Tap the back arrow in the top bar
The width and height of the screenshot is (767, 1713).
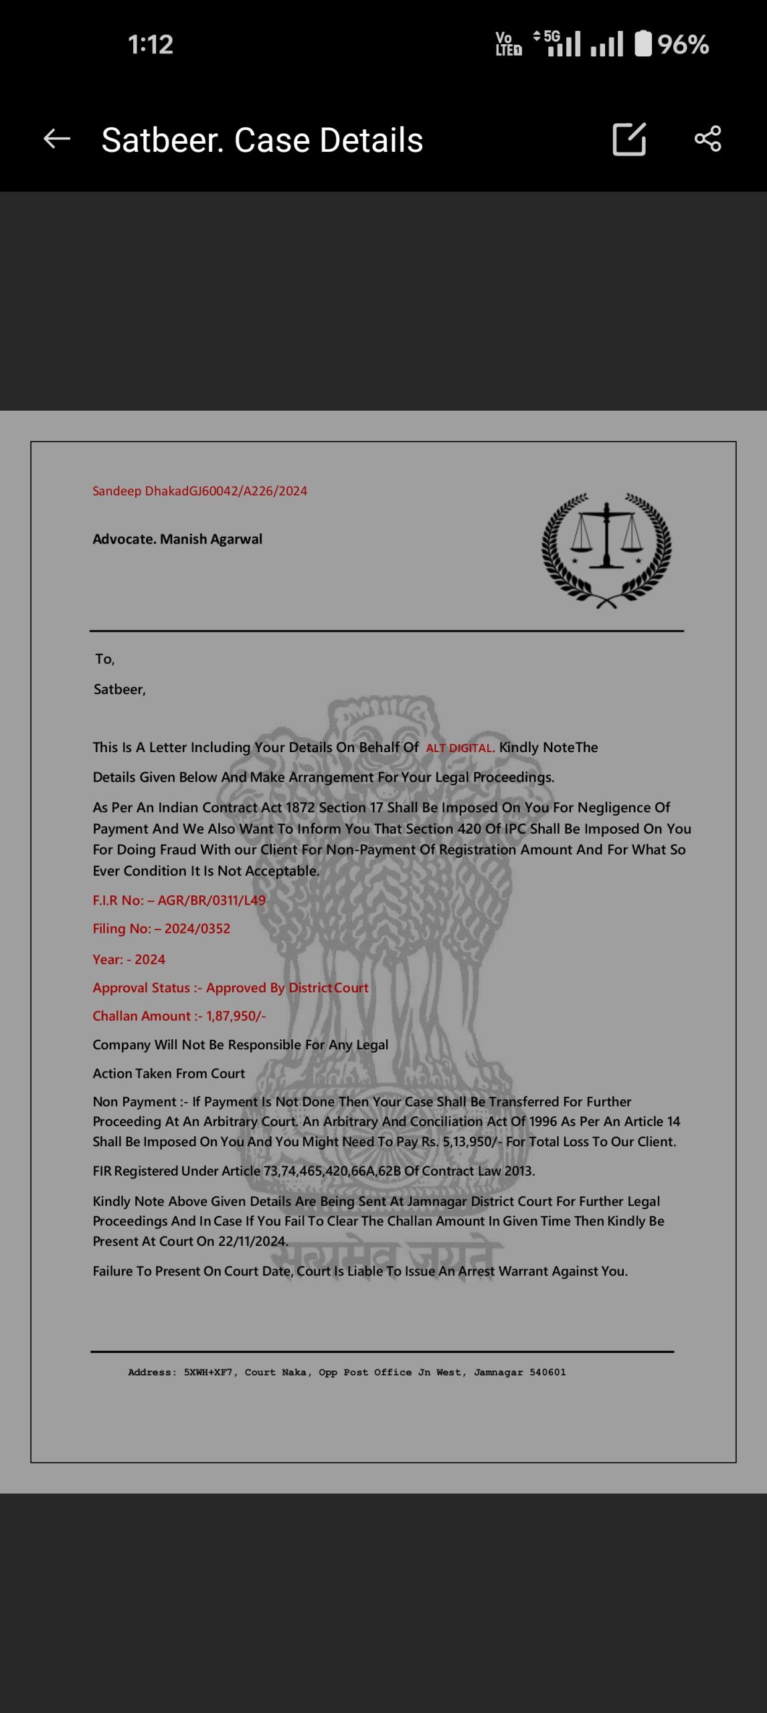click(57, 139)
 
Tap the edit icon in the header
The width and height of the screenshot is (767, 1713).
click(629, 139)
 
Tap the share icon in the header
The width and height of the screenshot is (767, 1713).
click(707, 139)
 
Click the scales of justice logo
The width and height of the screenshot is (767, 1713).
click(606, 550)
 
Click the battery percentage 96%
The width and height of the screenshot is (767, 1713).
click(683, 45)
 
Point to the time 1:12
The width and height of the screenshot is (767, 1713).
click(151, 45)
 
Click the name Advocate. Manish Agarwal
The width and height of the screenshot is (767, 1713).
click(177, 539)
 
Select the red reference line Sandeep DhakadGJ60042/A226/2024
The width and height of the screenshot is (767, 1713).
click(199, 491)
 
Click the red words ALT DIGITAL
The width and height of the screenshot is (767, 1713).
click(460, 748)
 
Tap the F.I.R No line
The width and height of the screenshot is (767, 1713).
click(179, 901)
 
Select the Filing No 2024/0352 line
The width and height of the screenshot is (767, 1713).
click(161, 929)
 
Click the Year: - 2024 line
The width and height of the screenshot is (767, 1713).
click(129, 960)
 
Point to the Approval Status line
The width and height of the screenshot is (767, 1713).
click(230, 988)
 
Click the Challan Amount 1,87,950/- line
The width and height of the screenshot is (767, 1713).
click(179, 1016)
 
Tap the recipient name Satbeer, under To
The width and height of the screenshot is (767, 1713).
click(119, 690)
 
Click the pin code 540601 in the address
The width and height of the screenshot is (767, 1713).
click(547, 1372)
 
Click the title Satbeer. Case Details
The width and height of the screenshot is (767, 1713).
click(262, 141)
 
